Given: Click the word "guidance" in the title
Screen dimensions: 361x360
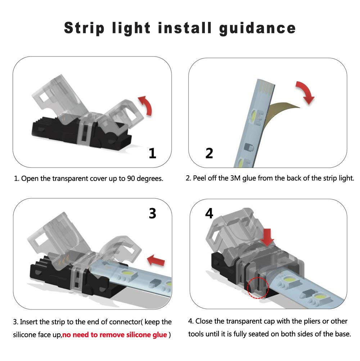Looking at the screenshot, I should click(x=257, y=28).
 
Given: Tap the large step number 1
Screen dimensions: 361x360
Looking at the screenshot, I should click(x=153, y=154).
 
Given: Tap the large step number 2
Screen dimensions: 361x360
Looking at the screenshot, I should click(x=209, y=154).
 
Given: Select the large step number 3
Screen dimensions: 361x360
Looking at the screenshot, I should click(x=153, y=213).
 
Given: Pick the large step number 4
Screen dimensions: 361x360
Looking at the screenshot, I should click(x=209, y=213).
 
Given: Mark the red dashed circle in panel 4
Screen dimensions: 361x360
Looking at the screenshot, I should click(x=258, y=287).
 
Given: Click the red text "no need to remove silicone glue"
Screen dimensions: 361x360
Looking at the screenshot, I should click(x=114, y=335).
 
